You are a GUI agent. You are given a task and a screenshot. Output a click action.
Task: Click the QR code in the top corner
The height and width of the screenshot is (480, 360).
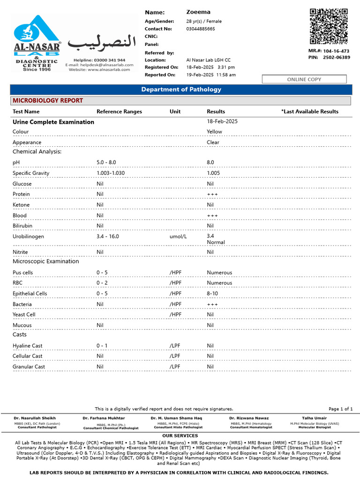[329, 27]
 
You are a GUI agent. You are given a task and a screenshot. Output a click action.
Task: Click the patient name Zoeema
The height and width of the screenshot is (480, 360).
[198, 12]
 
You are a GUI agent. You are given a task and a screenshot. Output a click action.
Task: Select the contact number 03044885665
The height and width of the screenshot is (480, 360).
[201, 29]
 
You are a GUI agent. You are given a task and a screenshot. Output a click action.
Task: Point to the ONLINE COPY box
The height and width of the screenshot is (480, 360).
[304, 79]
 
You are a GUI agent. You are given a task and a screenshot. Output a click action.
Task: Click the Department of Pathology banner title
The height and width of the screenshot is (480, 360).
[181, 90]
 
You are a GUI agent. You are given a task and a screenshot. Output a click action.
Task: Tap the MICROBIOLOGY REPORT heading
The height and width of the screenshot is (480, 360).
[48, 101]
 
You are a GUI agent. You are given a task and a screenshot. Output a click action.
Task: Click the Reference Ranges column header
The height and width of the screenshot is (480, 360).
[119, 112]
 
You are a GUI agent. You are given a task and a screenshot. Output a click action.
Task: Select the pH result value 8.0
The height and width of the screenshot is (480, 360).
[210, 163]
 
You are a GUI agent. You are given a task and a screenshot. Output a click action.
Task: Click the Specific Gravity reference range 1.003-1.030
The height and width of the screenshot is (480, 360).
[111, 173]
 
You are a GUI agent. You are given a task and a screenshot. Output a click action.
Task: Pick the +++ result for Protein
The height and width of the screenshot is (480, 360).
[212, 195]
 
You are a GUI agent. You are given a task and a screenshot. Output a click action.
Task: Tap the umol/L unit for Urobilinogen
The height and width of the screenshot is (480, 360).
[178, 237]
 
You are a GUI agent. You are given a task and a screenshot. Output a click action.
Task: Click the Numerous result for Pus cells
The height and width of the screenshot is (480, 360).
[219, 273]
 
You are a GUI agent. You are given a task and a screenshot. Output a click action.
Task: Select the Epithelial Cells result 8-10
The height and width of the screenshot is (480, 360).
[212, 294]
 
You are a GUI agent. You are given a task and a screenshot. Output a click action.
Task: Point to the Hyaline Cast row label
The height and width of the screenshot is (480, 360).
[28, 346]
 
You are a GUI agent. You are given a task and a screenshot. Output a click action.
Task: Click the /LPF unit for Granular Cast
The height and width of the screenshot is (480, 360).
[175, 367]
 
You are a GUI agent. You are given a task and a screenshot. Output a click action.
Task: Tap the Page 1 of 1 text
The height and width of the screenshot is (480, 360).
[341, 409]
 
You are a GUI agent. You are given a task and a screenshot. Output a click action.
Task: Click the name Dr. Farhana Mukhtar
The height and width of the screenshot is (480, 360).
[104, 418]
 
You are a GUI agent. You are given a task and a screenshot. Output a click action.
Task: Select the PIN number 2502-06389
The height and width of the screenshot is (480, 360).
[337, 57]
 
